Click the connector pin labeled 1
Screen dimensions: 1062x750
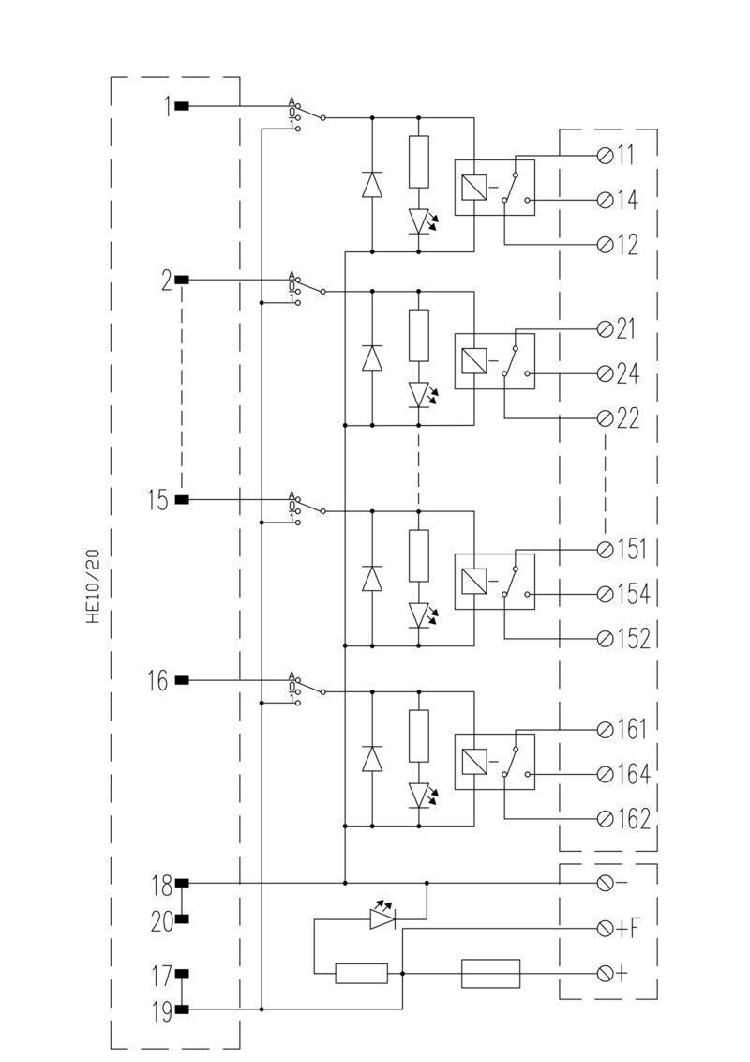click(x=181, y=106)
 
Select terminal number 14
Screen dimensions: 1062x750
click(x=606, y=200)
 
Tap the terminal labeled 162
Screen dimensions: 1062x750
click(x=606, y=818)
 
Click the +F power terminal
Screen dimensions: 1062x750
click(x=606, y=929)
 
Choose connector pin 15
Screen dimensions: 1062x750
click(x=181, y=499)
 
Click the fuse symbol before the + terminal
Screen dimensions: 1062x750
click(x=490, y=973)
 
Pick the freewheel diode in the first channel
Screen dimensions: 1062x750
click(x=372, y=185)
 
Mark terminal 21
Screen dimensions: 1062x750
click(x=606, y=328)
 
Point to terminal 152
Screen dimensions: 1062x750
click(x=606, y=638)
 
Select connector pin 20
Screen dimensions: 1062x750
click(x=181, y=920)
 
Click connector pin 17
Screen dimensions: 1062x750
click(x=181, y=974)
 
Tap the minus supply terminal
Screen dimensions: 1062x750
click(x=606, y=883)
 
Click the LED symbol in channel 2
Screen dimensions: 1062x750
click(x=419, y=393)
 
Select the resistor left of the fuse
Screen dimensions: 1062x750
click(x=362, y=974)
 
